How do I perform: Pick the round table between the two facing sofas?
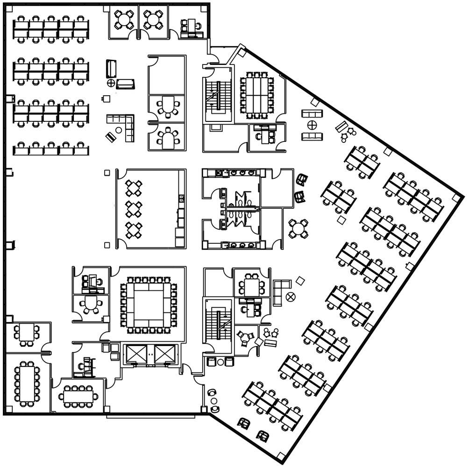tap(312, 125)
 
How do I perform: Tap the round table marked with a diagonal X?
tap(291, 296)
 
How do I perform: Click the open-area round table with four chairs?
tap(298, 228)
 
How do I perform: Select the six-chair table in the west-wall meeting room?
tap(27, 333)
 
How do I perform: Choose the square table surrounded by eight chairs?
tap(252, 285)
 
